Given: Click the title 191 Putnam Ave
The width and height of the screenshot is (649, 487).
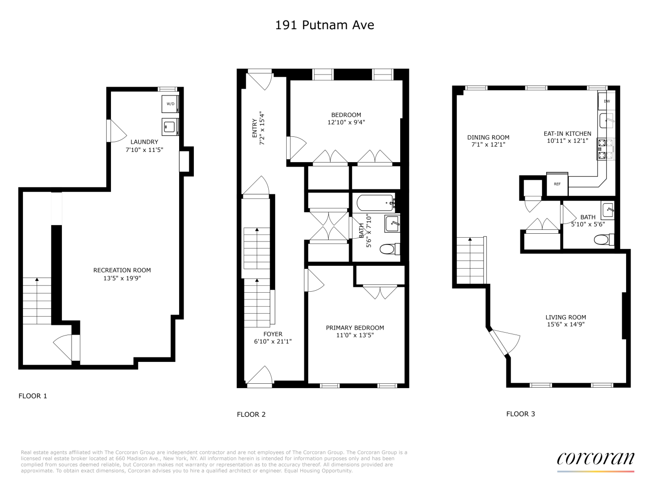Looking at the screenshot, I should [324, 25].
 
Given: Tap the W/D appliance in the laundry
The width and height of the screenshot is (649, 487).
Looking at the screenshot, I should [170, 104].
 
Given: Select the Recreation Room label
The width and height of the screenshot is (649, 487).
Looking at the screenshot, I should [122, 270].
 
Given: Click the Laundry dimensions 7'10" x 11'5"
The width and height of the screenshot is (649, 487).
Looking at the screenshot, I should [144, 150].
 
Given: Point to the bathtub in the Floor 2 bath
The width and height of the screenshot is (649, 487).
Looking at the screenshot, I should [375, 202].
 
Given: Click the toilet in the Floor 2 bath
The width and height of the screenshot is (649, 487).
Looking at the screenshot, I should [388, 249].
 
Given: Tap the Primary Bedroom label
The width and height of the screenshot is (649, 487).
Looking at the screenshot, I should [355, 328].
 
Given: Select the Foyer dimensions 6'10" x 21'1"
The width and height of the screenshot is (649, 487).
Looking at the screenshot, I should [273, 341].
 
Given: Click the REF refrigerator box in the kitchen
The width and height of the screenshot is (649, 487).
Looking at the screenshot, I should [557, 184].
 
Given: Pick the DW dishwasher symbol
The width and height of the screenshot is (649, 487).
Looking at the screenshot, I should [607, 101].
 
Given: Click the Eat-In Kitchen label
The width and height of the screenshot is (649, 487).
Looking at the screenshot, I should [567, 133].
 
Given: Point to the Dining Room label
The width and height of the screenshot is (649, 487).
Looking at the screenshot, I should [488, 137].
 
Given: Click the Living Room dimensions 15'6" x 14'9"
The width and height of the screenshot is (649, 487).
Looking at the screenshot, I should [565, 324].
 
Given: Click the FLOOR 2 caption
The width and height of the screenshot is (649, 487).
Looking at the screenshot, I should [251, 414].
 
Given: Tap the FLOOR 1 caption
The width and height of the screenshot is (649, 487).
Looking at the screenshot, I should [33, 396].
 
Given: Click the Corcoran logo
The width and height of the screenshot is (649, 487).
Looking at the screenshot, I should [595, 459].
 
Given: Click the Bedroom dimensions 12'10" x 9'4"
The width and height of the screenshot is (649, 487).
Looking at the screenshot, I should [346, 123].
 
